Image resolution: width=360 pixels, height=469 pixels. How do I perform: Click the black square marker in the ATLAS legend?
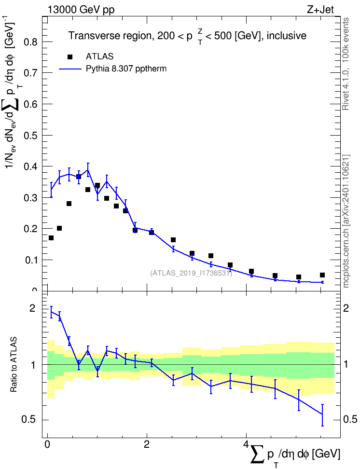(x=70, y=57)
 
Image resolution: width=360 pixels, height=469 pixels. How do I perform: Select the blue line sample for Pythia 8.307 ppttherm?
(x=70, y=69)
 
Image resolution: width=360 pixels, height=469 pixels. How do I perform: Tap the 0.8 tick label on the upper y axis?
(x=31, y=41)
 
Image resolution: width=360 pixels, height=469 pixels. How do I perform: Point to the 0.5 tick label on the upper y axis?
(x=31, y=135)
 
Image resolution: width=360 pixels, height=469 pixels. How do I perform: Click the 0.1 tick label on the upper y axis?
(x=31, y=260)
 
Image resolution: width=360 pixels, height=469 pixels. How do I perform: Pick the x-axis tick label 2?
(x=147, y=444)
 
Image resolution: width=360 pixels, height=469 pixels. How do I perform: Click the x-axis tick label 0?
(x=47, y=444)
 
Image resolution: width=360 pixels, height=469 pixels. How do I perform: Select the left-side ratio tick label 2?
(x=32, y=308)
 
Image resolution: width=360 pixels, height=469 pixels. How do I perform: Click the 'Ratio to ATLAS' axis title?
(x=14, y=365)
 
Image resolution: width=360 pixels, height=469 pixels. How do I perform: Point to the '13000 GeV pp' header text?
(x=81, y=10)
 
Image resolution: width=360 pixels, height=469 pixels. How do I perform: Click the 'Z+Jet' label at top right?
(x=320, y=10)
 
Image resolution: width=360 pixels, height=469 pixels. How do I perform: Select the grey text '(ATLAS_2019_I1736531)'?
(x=191, y=273)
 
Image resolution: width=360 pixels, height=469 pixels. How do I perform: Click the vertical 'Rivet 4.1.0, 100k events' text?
(x=346, y=64)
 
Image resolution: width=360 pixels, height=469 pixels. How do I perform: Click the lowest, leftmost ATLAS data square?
(x=51, y=238)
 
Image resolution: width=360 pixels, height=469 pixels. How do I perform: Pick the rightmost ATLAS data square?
(x=322, y=275)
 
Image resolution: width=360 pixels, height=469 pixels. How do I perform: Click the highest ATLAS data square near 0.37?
(x=78, y=177)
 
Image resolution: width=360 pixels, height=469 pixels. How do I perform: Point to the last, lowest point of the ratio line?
(x=322, y=414)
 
